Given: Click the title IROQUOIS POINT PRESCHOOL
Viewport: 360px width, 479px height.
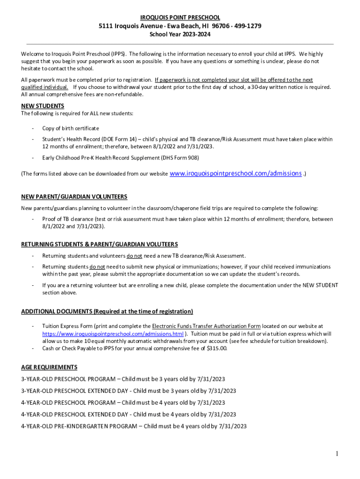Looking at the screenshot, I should coord(180,17).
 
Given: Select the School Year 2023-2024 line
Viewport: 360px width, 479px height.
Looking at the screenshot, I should coord(180,34).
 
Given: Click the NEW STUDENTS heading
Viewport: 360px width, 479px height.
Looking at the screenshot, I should coord(43,106).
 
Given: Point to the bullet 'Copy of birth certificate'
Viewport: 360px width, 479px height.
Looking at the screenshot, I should coord(71,128).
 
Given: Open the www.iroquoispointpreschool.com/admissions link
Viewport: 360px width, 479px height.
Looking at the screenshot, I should coord(235,174).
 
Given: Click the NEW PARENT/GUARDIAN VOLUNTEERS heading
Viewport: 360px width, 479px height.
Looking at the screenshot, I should coord(74,196).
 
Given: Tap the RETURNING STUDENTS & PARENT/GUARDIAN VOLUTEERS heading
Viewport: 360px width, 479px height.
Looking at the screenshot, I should coord(100,244).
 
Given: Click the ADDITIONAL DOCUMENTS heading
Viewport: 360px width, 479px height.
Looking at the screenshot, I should coord(107,312).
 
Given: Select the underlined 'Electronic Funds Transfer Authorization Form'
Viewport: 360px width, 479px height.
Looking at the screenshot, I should coord(206,326).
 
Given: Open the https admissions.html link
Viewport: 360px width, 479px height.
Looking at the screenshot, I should coord(113,334).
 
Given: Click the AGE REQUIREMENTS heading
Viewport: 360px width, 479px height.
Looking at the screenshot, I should coord(49,367).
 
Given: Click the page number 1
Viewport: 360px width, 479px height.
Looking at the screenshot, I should coord(336,454).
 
